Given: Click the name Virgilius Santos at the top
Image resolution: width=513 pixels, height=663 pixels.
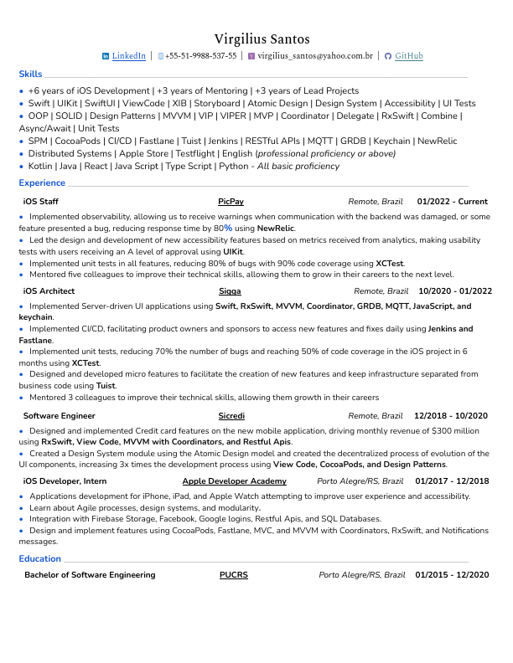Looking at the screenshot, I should (262, 39).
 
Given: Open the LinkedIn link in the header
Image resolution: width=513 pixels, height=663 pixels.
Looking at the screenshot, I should (128, 56).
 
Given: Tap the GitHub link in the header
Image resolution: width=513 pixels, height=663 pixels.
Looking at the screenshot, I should (409, 56).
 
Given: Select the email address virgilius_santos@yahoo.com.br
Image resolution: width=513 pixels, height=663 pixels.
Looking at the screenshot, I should (315, 56).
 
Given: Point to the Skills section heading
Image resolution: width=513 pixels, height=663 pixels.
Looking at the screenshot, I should (30, 75).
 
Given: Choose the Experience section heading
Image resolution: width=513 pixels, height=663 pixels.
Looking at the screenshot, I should (42, 182).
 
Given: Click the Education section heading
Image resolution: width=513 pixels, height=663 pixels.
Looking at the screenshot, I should (39, 558).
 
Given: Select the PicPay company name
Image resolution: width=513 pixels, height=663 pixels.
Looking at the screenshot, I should (231, 202).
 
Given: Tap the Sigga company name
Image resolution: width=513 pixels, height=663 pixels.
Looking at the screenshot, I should (230, 291).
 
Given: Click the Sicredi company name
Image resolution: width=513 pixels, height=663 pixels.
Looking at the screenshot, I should (231, 416).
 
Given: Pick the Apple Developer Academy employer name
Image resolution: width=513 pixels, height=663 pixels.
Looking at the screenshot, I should (234, 481).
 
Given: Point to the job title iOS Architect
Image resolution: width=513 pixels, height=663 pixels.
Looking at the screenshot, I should (49, 291).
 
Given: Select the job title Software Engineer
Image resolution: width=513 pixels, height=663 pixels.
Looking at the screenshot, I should (59, 416).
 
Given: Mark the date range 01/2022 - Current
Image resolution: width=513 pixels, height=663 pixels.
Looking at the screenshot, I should (452, 202).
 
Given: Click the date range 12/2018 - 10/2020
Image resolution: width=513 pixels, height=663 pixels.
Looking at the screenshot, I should (450, 416).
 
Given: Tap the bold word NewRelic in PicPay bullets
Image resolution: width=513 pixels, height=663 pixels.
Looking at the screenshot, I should (276, 228).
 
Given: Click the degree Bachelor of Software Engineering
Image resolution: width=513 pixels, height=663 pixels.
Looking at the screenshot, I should (90, 575).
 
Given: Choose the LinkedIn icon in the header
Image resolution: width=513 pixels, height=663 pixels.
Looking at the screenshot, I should (106, 56).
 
